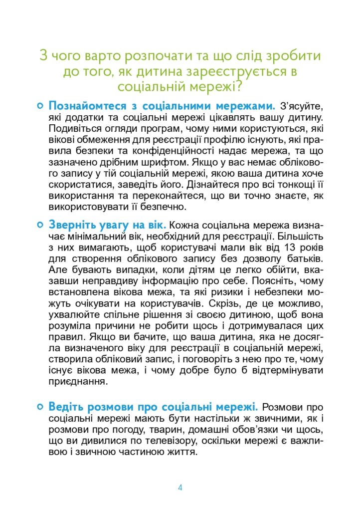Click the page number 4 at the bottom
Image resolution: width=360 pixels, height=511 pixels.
pos(180,488)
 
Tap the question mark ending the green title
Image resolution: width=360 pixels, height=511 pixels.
pos(238,87)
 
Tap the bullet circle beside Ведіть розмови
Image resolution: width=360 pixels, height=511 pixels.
pos(39,407)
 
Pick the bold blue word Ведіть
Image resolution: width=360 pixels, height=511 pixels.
pos(65,408)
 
